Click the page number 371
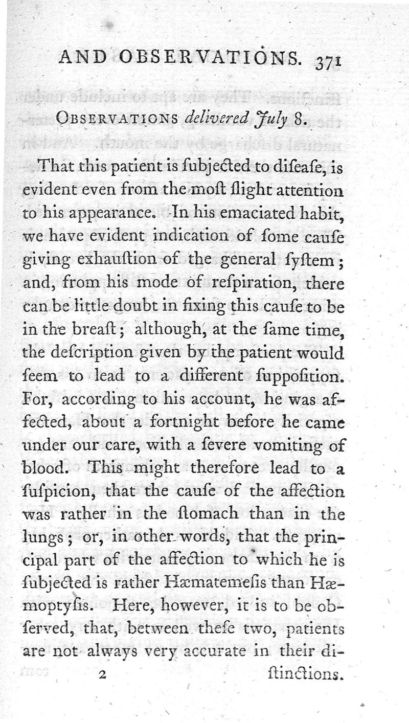(x=328, y=61)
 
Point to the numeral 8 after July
(x=299, y=121)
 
